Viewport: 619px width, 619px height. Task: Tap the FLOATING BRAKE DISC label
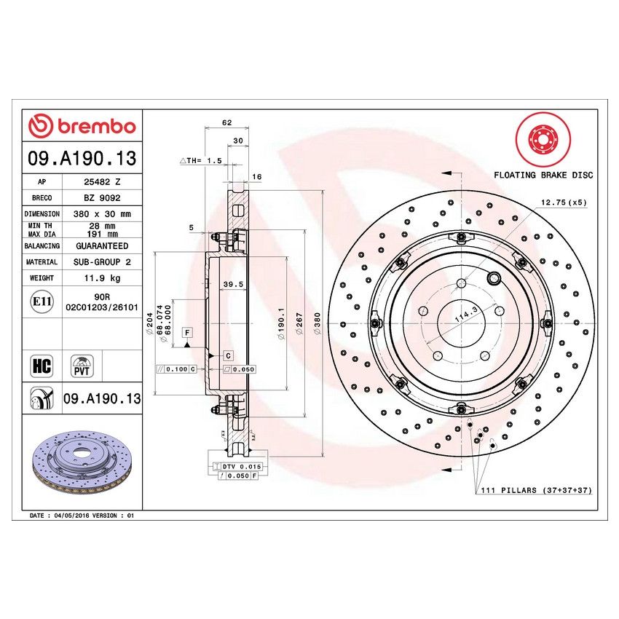coord(543,175)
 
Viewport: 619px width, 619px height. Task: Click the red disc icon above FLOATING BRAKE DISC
coord(540,138)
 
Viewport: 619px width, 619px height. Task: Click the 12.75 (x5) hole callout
coord(563,202)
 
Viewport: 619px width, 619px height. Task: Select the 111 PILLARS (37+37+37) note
coord(536,491)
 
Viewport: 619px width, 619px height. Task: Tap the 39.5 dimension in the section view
coord(231,285)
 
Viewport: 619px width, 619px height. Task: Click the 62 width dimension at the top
coord(226,122)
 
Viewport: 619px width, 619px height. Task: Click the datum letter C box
coord(228,355)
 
